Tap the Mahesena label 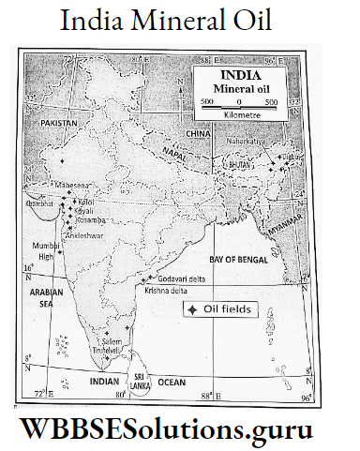tap(73, 187)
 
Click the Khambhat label tap(38, 201)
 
